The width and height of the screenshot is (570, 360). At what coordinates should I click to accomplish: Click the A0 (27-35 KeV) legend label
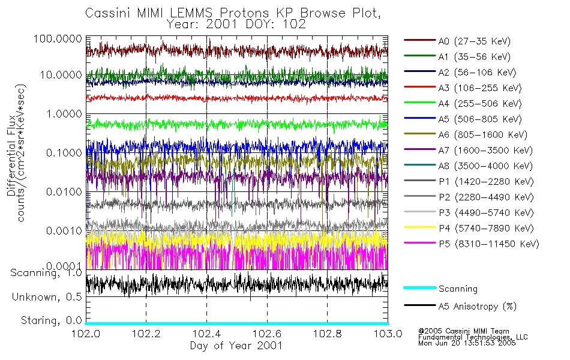pyautogui.click(x=474, y=41)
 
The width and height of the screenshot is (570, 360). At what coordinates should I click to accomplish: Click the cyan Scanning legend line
pyautogui.click(x=418, y=288)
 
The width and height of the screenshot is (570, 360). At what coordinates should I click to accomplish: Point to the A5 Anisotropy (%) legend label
pyautogui.click(x=477, y=307)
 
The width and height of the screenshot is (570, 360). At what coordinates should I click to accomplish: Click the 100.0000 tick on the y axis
pyautogui.click(x=58, y=38)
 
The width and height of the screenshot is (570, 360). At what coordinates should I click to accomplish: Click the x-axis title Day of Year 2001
pyautogui.click(x=236, y=345)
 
